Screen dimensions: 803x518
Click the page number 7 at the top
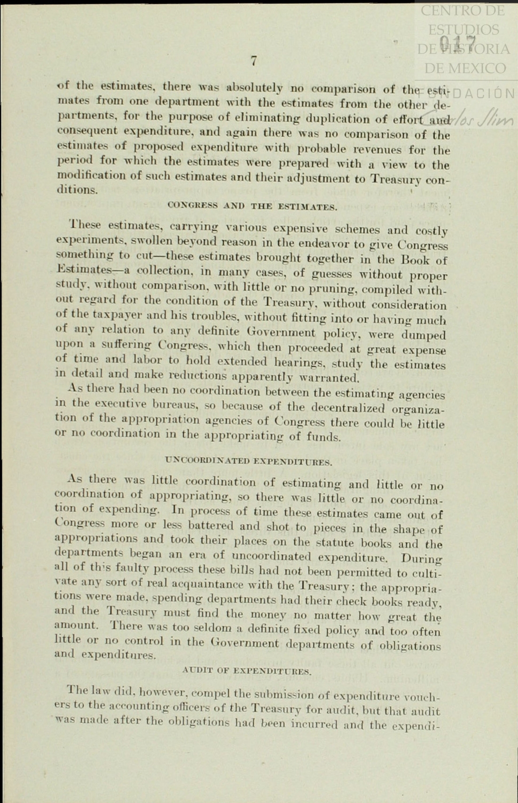click(x=254, y=61)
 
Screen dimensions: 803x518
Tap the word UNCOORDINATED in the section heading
click(x=208, y=461)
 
